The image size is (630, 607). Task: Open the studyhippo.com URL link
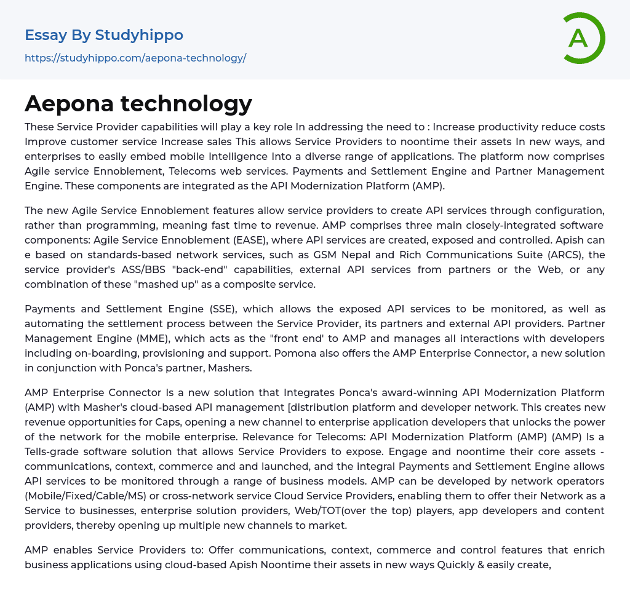[135, 58]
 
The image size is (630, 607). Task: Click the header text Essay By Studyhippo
[104, 35]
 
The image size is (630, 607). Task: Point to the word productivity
[521, 127]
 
